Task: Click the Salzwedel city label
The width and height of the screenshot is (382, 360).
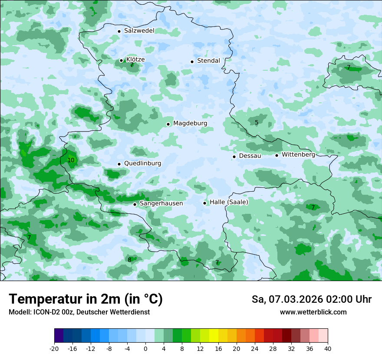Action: pos(139,31)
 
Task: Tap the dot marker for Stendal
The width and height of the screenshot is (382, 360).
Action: pos(192,62)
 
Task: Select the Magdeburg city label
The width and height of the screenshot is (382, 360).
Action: pos(190,124)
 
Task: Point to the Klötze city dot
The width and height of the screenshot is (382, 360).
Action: pos(121,61)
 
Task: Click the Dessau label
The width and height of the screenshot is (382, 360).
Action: pos(250,156)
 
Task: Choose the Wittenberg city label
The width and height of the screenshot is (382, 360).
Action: pos(298,154)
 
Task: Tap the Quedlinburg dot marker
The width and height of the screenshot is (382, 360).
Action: pos(119,164)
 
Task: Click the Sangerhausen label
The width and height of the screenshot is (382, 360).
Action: pos(161,203)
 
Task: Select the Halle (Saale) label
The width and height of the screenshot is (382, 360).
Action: pos(229,202)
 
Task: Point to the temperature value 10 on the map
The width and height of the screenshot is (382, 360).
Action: pos(71,160)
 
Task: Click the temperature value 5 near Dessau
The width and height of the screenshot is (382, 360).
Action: pos(257,123)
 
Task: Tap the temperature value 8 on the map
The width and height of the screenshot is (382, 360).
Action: pos(129,260)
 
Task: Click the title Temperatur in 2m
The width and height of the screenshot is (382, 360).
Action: pos(86,299)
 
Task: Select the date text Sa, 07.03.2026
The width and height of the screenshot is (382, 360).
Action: pos(286,299)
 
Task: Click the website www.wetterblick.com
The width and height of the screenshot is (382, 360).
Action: pos(313,312)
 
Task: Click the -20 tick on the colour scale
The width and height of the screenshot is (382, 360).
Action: pos(54,349)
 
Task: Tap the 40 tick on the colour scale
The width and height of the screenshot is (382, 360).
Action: pos(328,349)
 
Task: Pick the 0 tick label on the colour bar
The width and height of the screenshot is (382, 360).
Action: pos(145,349)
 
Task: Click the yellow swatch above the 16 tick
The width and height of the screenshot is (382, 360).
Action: pos(218,336)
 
